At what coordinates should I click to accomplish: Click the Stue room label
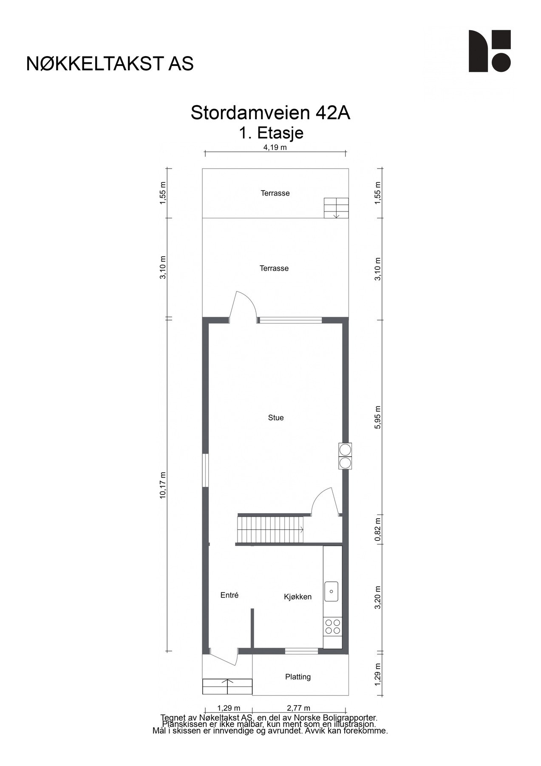tap(275, 417)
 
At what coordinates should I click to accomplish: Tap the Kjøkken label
tap(297, 597)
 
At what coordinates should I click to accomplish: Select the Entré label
tap(229, 595)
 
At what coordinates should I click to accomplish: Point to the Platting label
tap(297, 677)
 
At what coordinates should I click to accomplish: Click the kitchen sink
tap(331, 592)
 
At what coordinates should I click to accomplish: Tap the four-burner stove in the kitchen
tap(332, 626)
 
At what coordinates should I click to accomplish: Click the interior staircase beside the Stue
tap(270, 529)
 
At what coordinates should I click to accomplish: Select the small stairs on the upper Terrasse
tap(336, 208)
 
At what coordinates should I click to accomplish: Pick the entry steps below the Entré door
tap(227, 686)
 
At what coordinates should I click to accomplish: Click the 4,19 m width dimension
tap(275, 148)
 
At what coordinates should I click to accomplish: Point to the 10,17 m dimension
tap(163, 485)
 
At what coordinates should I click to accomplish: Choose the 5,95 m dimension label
tap(378, 417)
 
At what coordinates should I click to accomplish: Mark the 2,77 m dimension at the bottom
tap(298, 708)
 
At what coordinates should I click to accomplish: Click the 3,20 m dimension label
tap(378, 597)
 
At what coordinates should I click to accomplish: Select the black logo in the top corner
tap(489, 51)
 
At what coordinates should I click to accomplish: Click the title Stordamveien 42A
tap(270, 113)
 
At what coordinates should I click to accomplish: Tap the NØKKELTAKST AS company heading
tap(110, 64)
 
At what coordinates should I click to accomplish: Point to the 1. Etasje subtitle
tap(271, 133)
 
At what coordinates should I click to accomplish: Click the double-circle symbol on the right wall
tap(345, 456)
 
